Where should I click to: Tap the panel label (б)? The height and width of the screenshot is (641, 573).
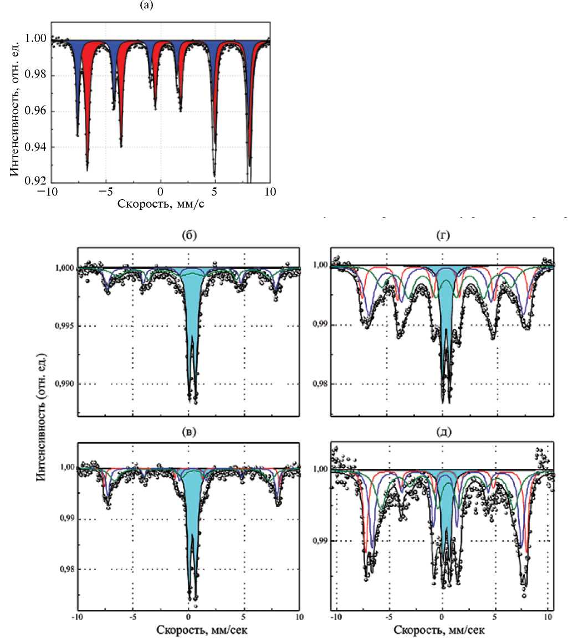coord(188,235)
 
